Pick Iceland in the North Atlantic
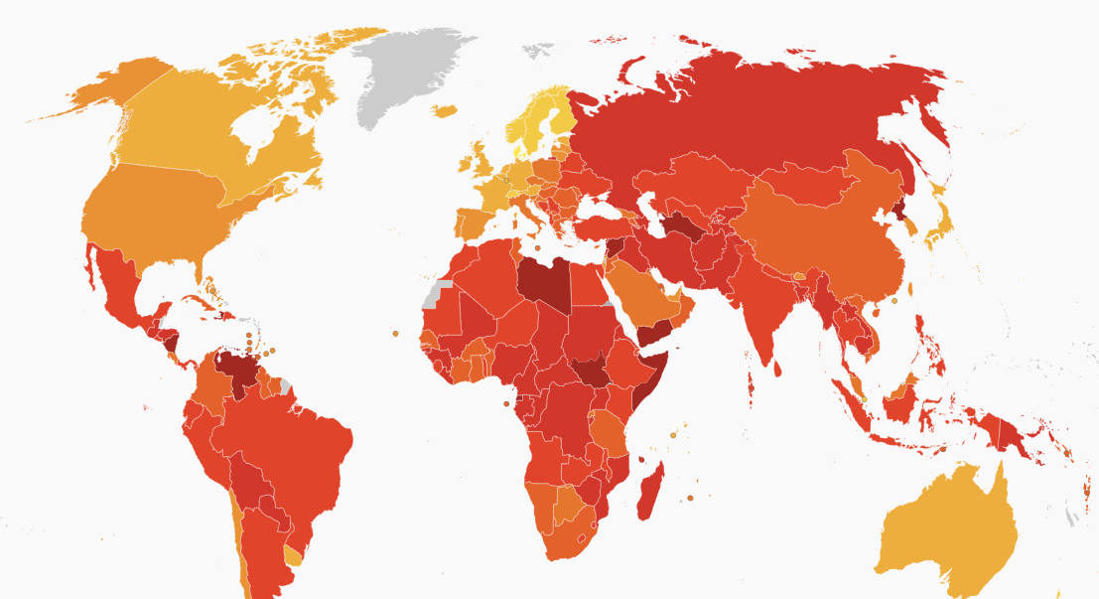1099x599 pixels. [445, 111]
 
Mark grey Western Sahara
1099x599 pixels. [437, 293]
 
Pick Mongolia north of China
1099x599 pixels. [804, 184]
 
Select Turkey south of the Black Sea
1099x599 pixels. [597, 226]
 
